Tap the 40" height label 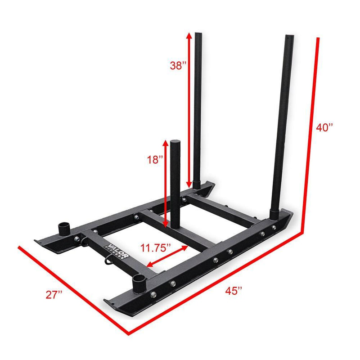pos(324,128)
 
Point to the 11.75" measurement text pos(156,247)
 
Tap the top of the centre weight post pos(175,143)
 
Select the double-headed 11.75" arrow pos(167,257)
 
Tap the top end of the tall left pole pos(199,35)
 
